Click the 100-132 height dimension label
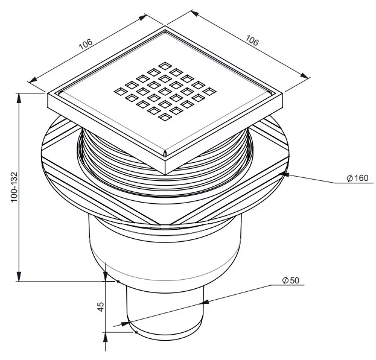click(x=14, y=187)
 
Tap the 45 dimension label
click(x=101, y=306)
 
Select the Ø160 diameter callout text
click(x=357, y=178)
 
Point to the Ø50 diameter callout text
click(x=291, y=280)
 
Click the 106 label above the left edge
click(x=86, y=44)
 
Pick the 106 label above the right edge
click(x=252, y=40)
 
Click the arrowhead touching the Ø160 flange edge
click(x=285, y=174)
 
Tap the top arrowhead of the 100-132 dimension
click(x=19, y=98)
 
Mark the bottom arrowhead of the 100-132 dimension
click(x=19, y=276)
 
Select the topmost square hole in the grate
click(x=165, y=65)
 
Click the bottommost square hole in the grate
click(x=165, y=117)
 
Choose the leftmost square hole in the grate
click(x=120, y=91)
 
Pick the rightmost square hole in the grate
click(x=209, y=91)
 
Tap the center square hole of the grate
click(x=165, y=91)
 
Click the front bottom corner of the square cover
click(x=165, y=174)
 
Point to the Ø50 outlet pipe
click(x=165, y=311)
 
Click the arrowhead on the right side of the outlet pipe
click(x=205, y=302)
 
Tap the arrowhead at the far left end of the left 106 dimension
click(x=33, y=80)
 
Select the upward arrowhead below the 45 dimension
click(x=105, y=338)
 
